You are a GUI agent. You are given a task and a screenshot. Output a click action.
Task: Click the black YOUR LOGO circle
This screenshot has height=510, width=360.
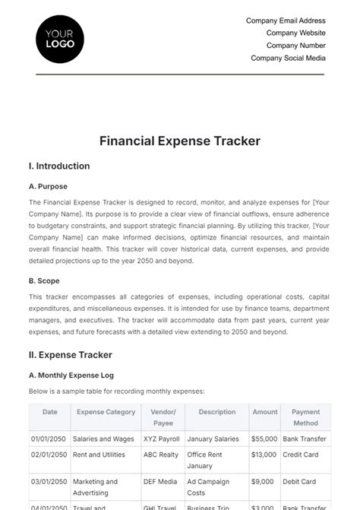pos(60,39)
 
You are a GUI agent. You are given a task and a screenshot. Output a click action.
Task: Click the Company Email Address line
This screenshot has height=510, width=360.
pos(286,21)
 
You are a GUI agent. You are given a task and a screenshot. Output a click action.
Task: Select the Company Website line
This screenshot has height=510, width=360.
pos(295,33)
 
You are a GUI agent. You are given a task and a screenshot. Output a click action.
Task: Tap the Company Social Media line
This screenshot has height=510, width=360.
pos(288,58)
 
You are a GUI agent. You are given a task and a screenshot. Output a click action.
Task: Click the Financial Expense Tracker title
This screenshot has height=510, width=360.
pos(180,141)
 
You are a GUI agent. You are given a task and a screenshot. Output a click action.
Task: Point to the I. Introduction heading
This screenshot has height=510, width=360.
pos(59,166)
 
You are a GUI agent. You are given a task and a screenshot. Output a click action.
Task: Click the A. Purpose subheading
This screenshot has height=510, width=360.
pos(48,186)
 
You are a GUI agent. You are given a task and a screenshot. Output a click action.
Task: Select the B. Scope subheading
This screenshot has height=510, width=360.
pos(45,280)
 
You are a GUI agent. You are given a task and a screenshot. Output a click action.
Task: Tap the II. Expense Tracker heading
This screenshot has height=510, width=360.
pos(70,354)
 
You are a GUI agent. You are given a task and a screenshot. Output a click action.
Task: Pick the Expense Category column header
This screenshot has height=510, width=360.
pos(106,412)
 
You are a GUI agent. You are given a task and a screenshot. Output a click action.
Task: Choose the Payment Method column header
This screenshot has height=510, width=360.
pos(305,417)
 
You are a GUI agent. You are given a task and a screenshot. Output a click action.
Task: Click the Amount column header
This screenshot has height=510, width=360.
pos(265,412)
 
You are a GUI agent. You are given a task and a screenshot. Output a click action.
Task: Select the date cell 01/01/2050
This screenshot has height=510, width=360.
pos(50,439)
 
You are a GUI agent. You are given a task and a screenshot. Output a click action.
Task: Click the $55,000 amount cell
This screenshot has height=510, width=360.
pos(265,439)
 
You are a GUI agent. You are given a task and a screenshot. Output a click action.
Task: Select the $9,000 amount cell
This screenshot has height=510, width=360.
pos(265,481)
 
